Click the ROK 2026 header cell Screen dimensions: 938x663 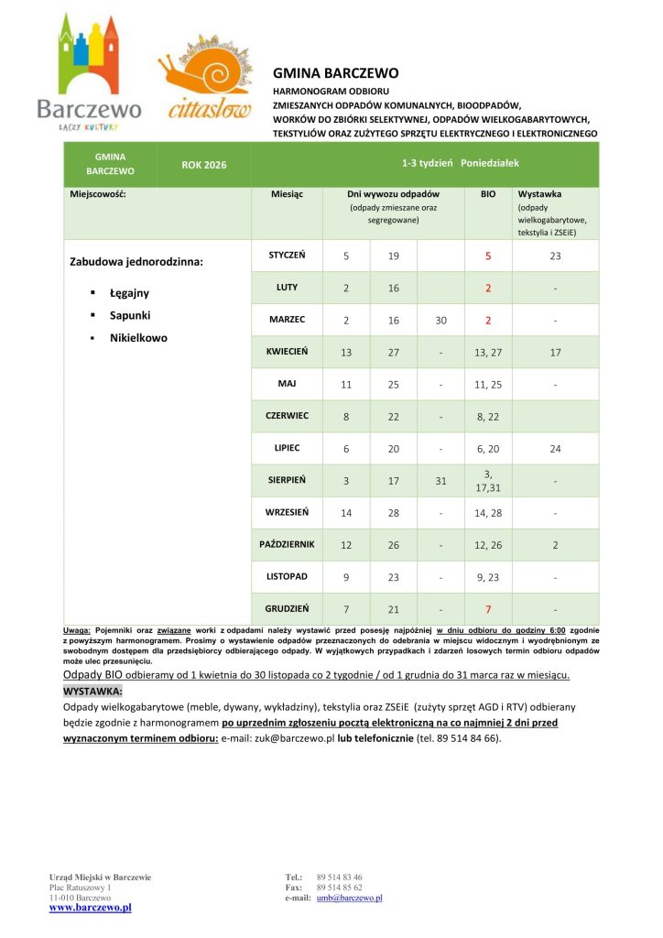(204, 165)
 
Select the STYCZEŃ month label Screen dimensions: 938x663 (287, 255)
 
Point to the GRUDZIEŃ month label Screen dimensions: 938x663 (287, 608)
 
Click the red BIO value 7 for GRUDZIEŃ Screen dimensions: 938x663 (488, 609)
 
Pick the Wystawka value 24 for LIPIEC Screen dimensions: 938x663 (555, 449)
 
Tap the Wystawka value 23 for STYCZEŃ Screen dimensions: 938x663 (555, 256)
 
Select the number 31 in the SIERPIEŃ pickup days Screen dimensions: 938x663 (440, 481)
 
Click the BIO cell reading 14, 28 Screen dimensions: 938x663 (488, 513)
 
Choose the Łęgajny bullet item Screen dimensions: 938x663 (129, 293)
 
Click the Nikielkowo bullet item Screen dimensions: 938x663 (138, 337)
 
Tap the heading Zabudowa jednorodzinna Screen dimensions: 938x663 (136, 262)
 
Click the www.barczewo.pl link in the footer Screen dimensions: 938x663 (90, 908)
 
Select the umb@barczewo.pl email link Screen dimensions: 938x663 (349, 898)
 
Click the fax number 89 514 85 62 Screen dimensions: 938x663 (339, 888)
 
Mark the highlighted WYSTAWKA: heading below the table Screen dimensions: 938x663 (92, 691)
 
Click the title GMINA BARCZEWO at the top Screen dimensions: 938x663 (335, 73)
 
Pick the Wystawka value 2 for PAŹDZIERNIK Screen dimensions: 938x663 (555, 545)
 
